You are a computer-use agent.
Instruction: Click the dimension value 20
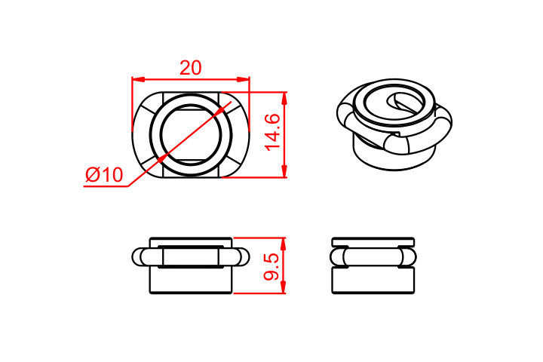190,68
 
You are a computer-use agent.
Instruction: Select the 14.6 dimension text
273,132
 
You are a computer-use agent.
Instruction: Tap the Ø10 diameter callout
104,175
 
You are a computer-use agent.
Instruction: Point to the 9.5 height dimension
271,266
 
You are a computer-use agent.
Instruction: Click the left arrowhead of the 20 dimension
138,80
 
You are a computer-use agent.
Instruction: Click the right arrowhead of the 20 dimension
243,80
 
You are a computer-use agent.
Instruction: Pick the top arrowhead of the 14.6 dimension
284,98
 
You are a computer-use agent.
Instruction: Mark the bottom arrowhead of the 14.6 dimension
284,171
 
